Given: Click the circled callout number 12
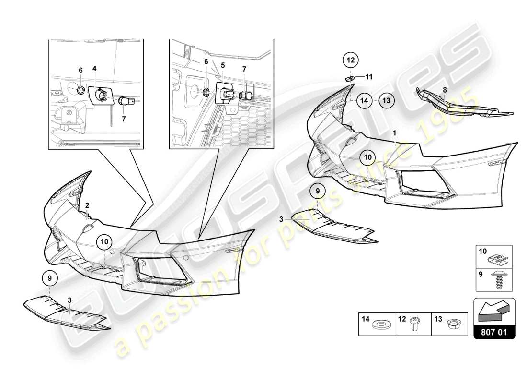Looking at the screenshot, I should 350,60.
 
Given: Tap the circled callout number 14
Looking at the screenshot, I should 364,101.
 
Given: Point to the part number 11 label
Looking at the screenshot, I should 369,76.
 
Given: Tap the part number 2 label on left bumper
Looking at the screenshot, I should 87,205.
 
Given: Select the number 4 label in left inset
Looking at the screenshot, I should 94,69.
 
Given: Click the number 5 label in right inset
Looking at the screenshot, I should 222,64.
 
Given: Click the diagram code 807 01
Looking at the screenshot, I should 494,331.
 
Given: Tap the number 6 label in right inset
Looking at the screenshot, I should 206,61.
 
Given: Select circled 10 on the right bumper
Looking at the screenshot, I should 367,157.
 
